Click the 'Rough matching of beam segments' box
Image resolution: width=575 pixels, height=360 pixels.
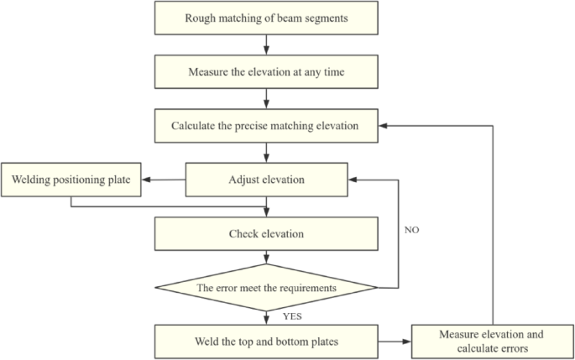(x=266, y=17)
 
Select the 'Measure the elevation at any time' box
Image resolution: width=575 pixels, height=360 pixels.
(x=266, y=71)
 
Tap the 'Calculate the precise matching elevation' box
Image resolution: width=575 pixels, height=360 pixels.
(x=266, y=126)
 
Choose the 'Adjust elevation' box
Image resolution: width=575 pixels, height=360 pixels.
(x=266, y=180)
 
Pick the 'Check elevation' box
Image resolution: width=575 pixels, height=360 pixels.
(x=266, y=233)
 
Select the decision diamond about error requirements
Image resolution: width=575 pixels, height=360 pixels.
(x=266, y=288)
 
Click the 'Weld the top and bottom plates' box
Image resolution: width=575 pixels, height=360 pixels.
(x=266, y=342)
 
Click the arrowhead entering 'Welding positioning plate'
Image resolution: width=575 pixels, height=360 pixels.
(x=144, y=179)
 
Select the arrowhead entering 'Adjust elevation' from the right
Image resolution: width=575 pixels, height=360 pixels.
(x=353, y=180)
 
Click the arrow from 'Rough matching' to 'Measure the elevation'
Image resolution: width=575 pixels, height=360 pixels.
(x=266, y=44)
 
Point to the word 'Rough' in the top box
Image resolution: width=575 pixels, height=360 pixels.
(x=206, y=17)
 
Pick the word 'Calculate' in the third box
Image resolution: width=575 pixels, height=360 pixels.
(x=196, y=126)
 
